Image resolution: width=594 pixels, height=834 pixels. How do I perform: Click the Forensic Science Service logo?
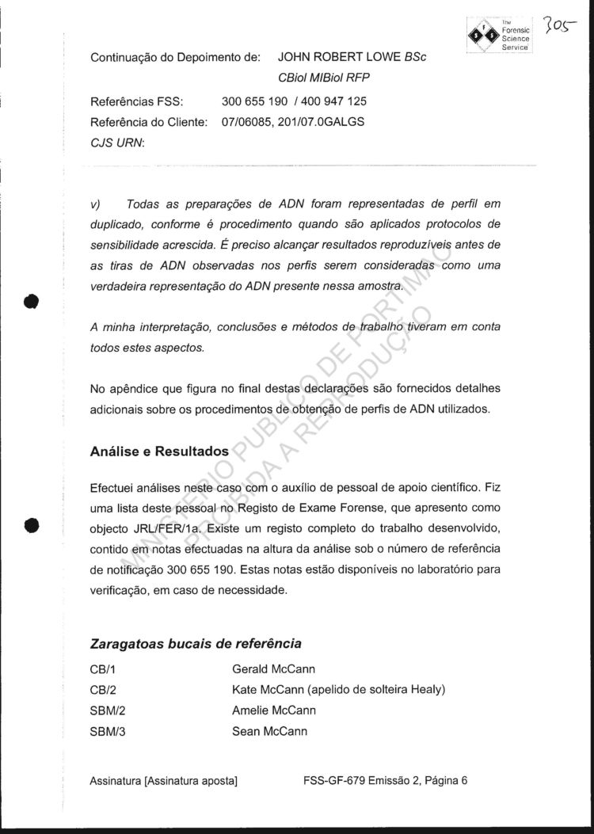pyautogui.click(x=498, y=33)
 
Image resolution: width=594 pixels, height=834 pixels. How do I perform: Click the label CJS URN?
pyautogui.click(x=112, y=144)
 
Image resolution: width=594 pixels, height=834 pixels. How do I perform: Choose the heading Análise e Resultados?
pyautogui.click(x=160, y=451)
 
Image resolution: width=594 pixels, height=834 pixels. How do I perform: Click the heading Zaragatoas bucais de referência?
pyautogui.click(x=196, y=643)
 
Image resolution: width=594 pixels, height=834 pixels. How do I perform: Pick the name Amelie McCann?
pyautogui.click(x=273, y=710)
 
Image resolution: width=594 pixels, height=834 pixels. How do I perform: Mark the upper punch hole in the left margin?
pyautogui.click(x=31, y=302)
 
